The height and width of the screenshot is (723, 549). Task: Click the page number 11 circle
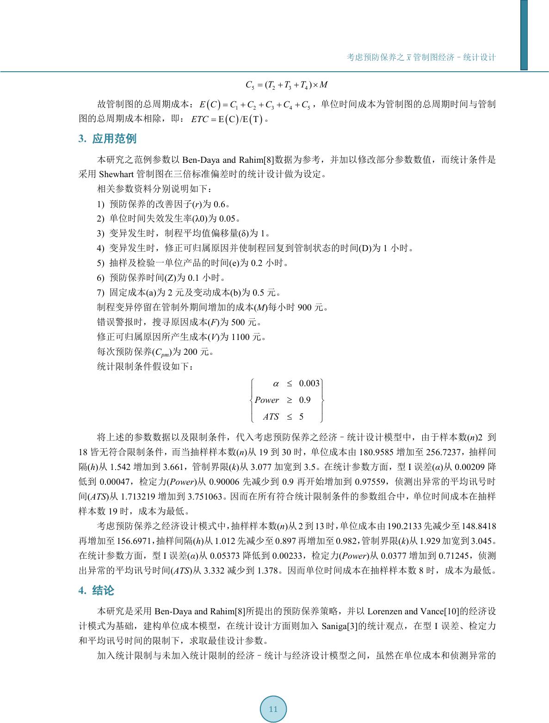tap(273, 709)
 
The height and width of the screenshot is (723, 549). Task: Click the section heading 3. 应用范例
tap(107, 139)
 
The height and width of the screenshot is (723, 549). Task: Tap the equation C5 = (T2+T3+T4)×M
tap(287, 85)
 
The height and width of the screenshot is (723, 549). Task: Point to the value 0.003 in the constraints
tap(309, 383)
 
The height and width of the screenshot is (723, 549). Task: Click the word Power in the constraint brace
tap(267, 400)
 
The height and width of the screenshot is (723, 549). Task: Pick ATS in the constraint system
tap(271, 417)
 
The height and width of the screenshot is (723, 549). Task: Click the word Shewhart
tap(116, 174)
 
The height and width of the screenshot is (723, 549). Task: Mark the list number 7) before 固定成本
tap(101, 293)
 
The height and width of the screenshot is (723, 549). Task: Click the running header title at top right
tap(421, 57)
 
